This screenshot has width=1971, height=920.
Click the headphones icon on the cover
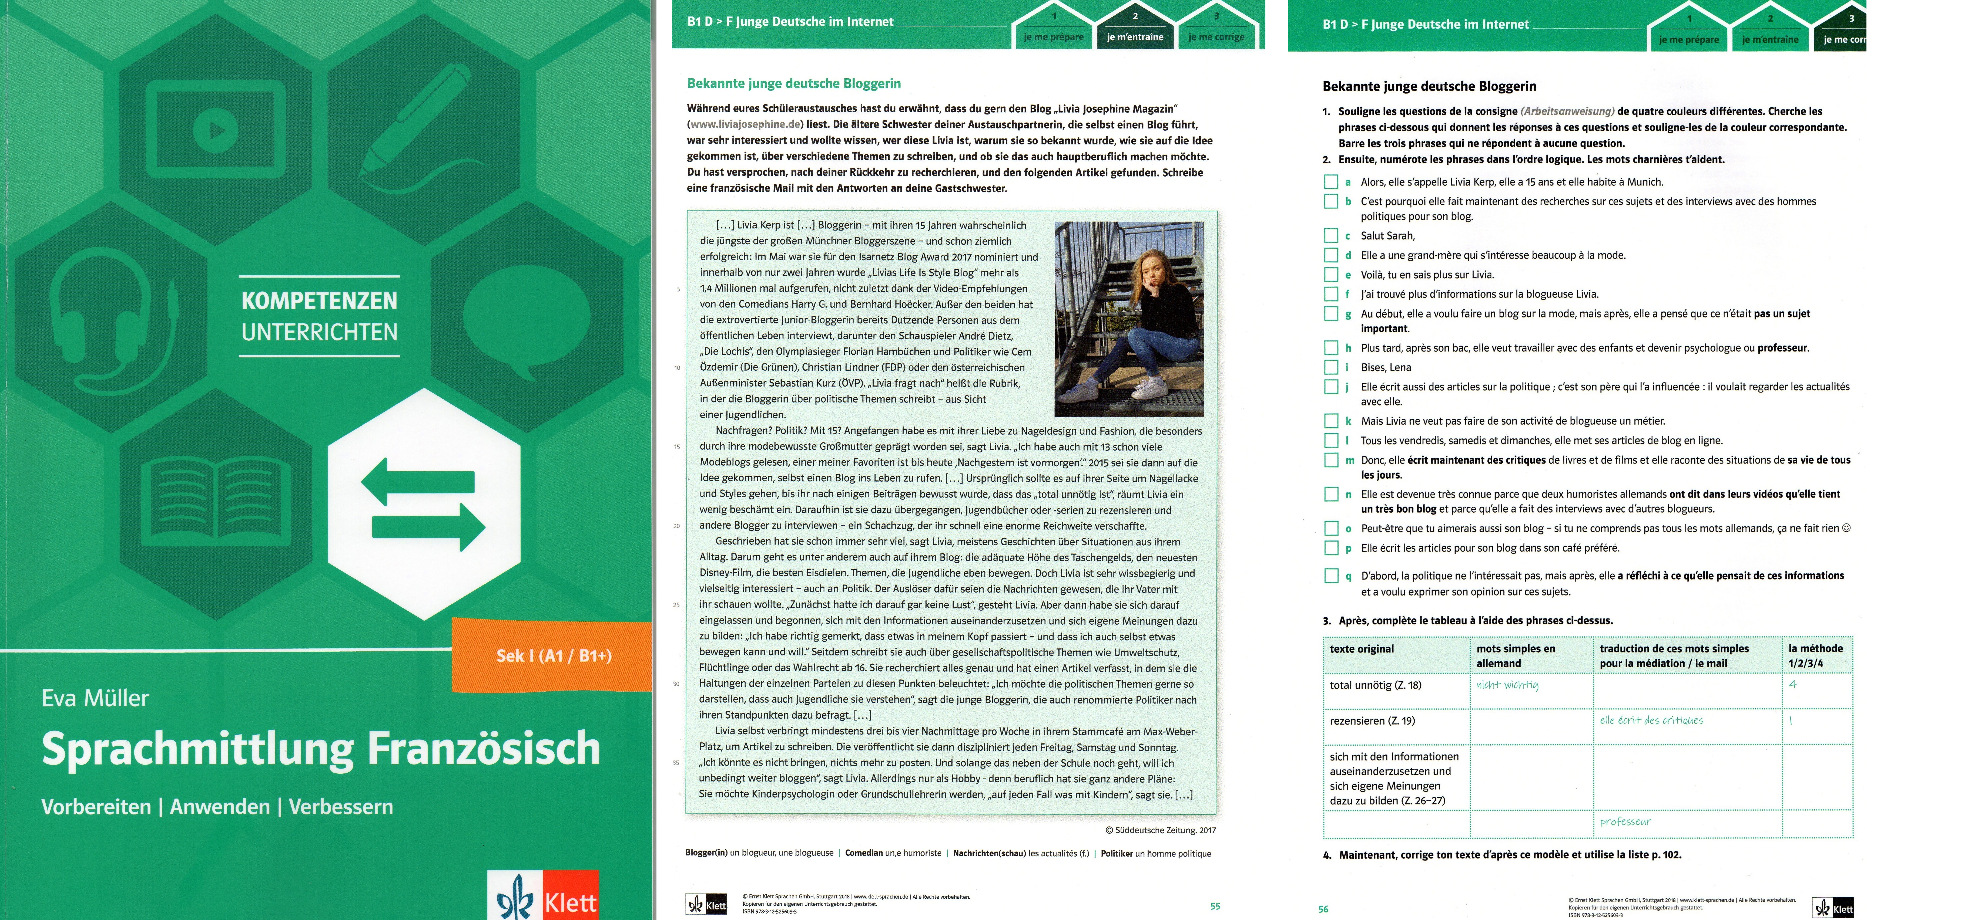click(x=115, y=321)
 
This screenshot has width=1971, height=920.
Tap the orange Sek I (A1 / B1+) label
click(x=553, y=655)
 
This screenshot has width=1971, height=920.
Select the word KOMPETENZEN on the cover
click(x=319, y=300)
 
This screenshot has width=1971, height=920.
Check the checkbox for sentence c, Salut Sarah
click(x=1331, y=236)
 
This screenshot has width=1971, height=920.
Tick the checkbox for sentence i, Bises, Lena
click(x=1331, y=367)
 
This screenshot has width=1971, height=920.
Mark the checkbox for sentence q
click(x=1331, y=576)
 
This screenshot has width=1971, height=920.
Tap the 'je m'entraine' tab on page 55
click(x=1135, y=37)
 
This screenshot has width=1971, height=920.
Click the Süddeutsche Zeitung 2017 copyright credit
click(x=1160, y=830)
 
